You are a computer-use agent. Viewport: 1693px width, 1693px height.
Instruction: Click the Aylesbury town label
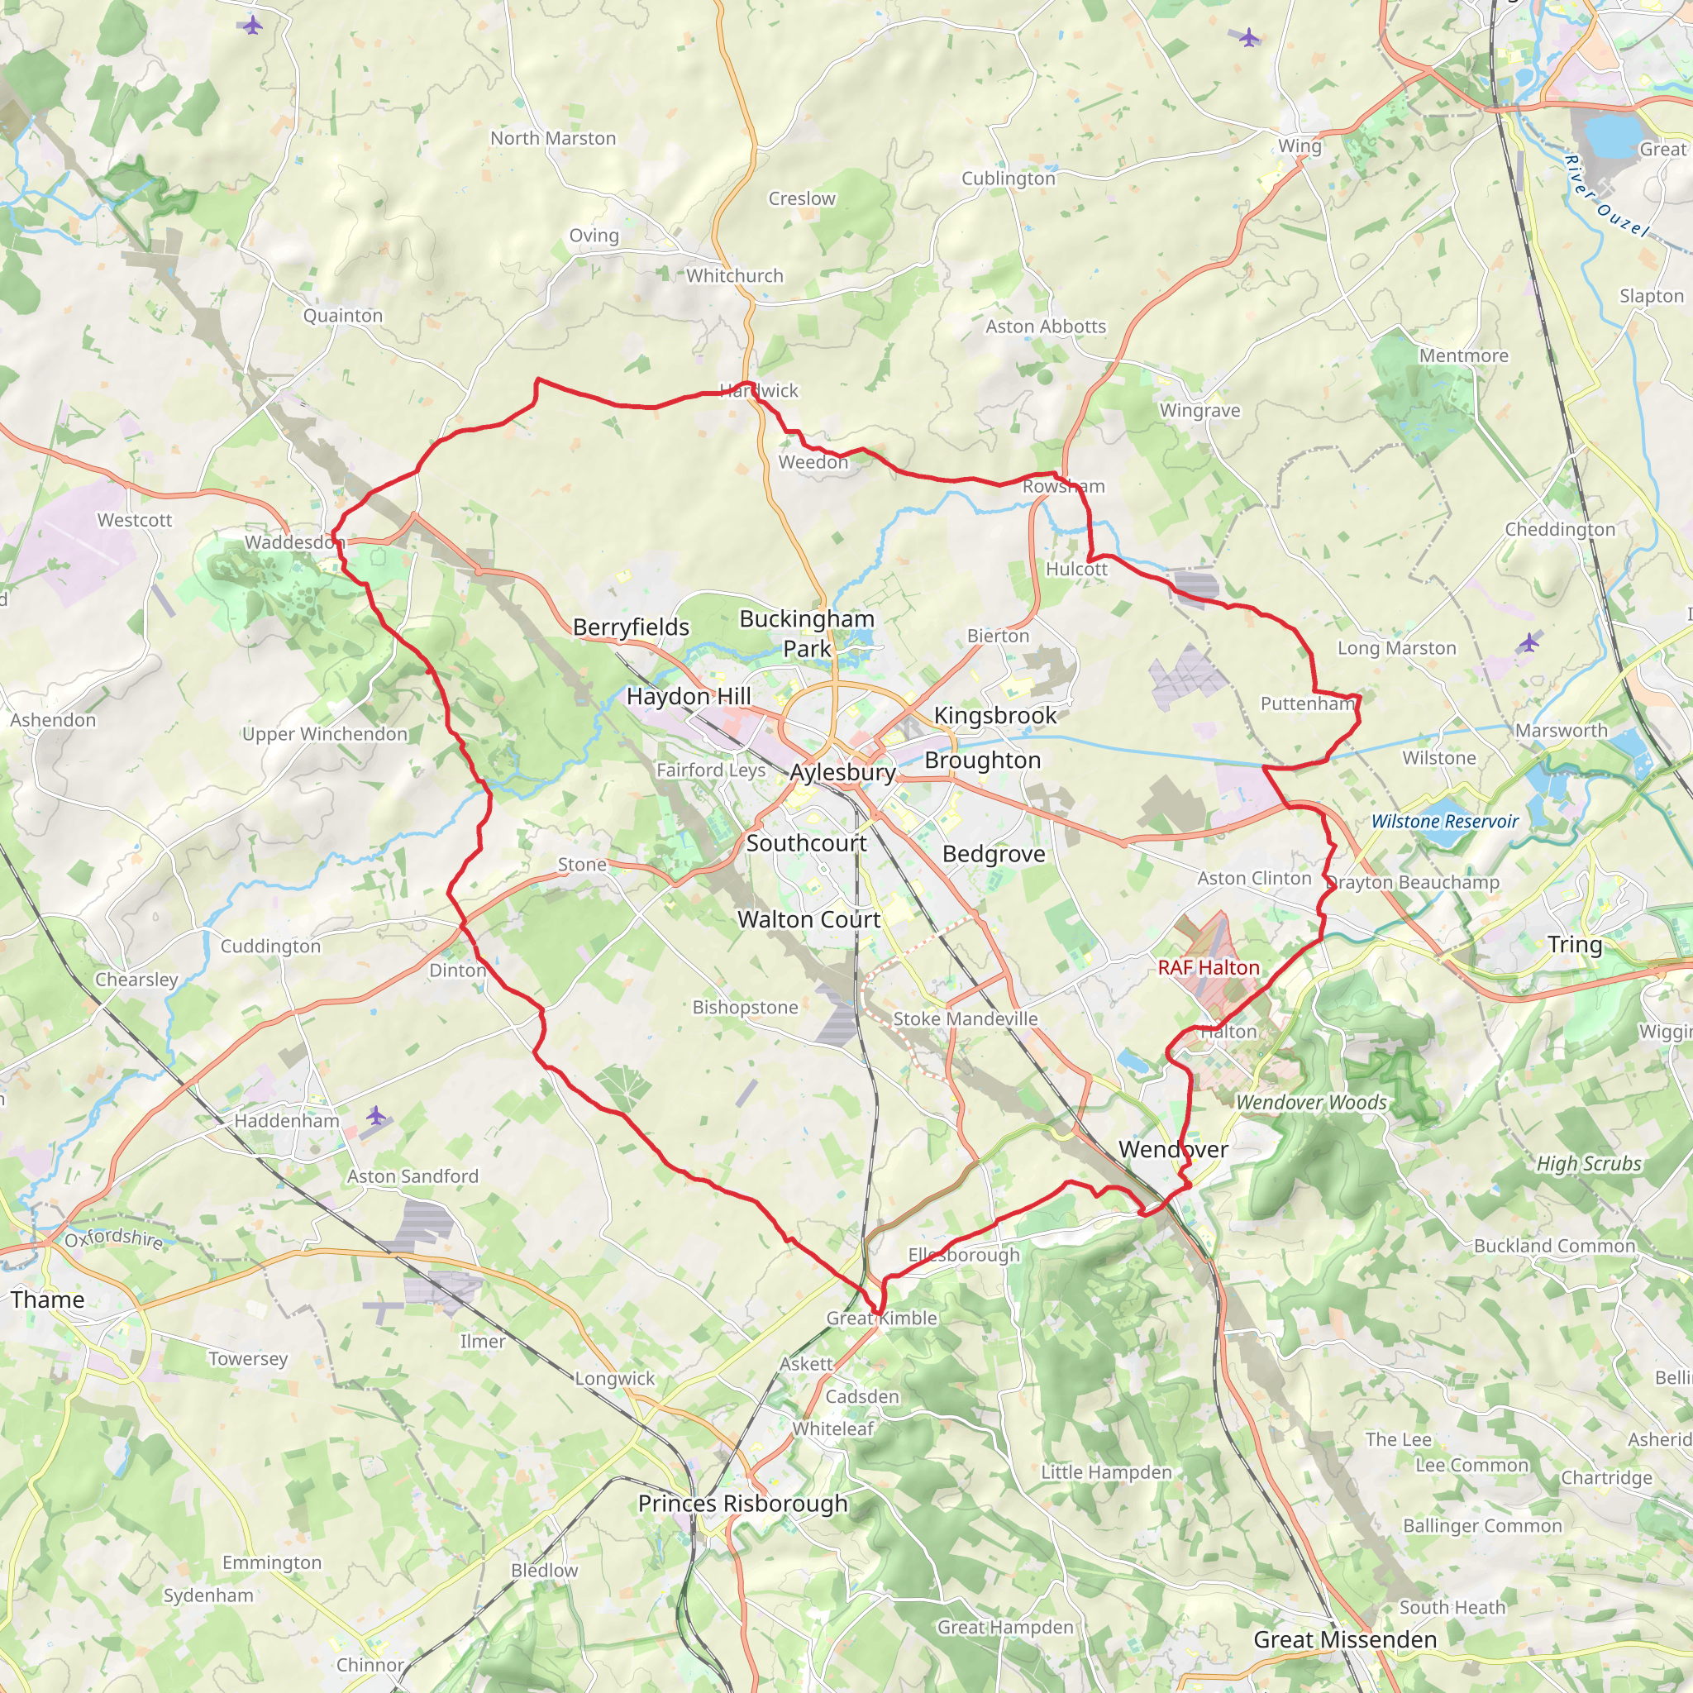(842, 772)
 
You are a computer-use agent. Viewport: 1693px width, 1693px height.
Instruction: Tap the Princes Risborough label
(742, 1503)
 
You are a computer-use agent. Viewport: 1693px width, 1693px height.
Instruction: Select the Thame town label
(47, 1299)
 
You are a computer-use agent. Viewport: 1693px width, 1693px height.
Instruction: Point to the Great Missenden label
(1344, 1639)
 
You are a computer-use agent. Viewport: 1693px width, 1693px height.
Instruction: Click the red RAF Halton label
(1209, 967)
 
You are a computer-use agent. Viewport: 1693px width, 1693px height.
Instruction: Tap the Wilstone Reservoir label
(1444, 821)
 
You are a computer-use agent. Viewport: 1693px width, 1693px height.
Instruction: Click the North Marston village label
(553, 138)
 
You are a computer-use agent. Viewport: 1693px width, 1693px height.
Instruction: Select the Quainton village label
(342, 316)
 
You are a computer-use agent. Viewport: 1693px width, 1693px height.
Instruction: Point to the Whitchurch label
(734, 275)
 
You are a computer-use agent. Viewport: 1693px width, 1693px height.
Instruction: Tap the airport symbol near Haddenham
(376, 1114)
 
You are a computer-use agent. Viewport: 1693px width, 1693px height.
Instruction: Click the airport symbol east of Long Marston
(1528, 641)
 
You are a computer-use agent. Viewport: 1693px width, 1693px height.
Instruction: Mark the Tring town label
(1575, 945)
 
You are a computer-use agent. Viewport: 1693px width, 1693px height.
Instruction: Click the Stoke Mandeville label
(965, 1018)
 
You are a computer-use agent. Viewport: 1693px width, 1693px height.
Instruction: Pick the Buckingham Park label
(806, 632)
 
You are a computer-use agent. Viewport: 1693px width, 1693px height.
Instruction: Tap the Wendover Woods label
(1311, 1103)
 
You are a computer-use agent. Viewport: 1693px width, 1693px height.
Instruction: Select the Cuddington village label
(271, 947)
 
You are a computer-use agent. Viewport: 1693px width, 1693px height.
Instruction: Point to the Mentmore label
(1463, 355)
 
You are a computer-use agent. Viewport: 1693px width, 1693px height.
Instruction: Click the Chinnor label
(370, 1664)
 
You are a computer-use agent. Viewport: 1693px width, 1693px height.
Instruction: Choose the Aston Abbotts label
(1046, 326)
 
